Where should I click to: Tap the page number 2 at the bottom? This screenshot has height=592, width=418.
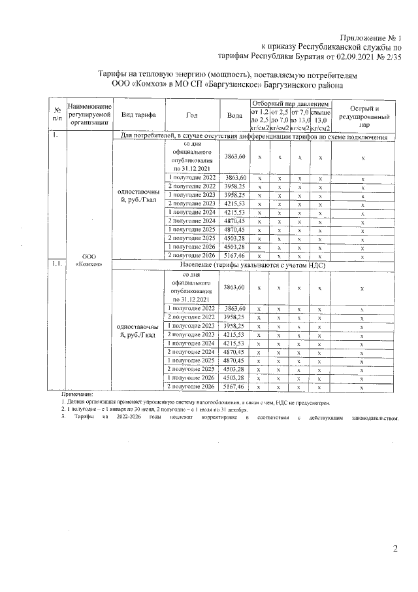[394, 548]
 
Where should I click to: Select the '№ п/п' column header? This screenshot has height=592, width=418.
[57, 114]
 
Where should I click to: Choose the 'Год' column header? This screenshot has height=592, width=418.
[191, 114]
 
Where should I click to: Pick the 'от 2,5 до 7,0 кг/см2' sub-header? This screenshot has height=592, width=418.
[280, 119]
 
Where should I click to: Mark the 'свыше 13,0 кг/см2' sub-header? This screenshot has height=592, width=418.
[320, 119]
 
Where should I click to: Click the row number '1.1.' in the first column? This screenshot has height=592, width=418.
[57, 264]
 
